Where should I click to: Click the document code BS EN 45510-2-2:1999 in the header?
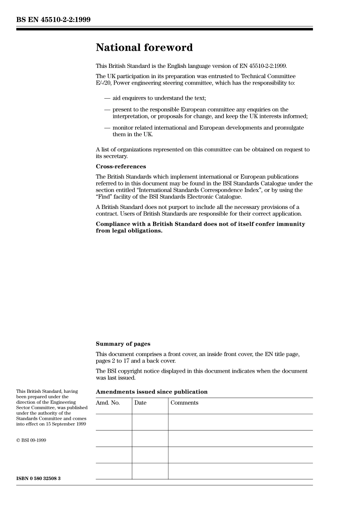click(x=53, y=20)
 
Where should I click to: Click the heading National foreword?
click(x=144, y=47)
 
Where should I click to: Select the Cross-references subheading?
click(x=121, y=166)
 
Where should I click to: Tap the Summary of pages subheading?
click(x=123, y=344)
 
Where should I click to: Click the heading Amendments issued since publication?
click(x=152, y=392)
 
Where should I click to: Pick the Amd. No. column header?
click(x=108, y=403)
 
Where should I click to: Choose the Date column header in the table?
click(x=140, y=403)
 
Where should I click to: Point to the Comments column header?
click(x=184, y=403)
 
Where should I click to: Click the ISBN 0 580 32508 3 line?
click(x=38, y=478)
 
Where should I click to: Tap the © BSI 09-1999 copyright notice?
click(x=31, y=440)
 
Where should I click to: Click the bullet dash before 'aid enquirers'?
click(x=107, y=98)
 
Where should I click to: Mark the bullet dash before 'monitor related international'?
click(x=107, y=128)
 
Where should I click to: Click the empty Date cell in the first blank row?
click(x=150, y=422)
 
